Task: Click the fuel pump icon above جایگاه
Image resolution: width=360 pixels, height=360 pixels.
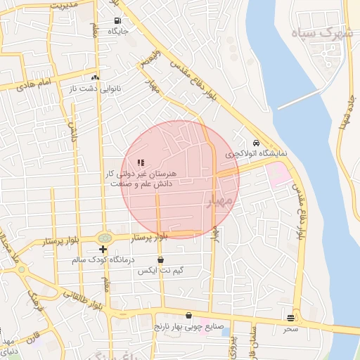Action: pos(117,20)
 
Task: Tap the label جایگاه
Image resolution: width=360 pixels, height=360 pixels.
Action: pos(117,31)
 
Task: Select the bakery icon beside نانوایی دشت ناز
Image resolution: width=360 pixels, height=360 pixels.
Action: pos(95,77)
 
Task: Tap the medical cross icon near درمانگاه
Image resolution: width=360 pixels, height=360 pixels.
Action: pos(103,249)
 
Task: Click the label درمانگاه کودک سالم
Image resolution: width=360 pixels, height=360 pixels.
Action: pos(103,260)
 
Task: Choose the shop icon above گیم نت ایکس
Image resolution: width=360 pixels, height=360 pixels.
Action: pos(161,260)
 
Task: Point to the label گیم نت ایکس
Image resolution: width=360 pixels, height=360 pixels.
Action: pos(161,271)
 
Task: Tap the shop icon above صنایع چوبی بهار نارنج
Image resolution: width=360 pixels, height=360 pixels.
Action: pos(188,315)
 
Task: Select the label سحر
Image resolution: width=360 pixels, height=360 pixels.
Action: pos(290,328)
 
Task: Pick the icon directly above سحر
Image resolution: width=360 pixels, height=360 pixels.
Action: pos(290,318)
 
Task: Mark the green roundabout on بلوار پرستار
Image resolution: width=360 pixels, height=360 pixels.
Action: pos(105,238)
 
